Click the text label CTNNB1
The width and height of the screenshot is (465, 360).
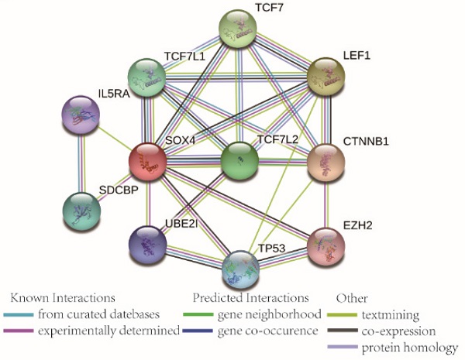pos(366,141)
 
